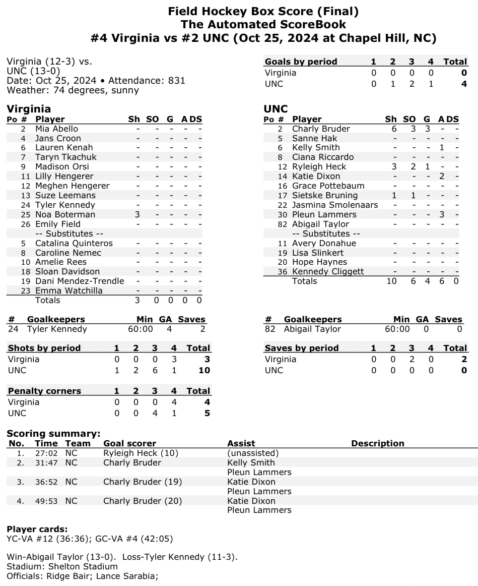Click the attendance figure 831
coord(177,80)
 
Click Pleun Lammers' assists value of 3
coord(441,214)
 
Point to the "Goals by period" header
coord(301,62)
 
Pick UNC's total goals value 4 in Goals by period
coord(463,84)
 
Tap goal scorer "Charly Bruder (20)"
coord(143,501)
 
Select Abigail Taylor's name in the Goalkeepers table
coord(312,329)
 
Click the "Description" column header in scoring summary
coord(377,443)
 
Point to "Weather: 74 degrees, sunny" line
coord(73,90)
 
